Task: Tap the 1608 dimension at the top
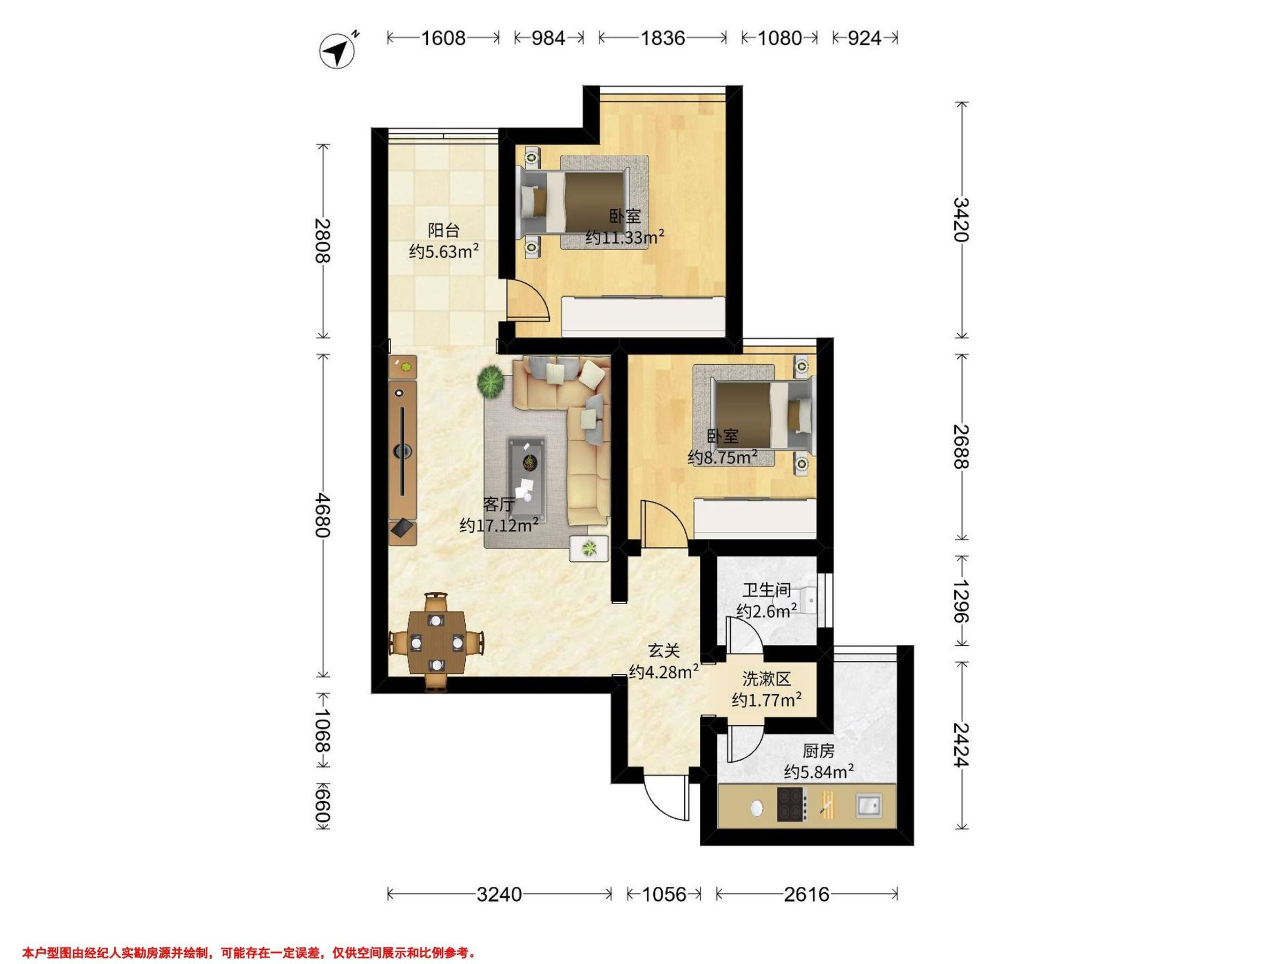pos(443,39)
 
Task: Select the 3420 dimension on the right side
pos(962,220)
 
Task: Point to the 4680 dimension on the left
pos(322,515)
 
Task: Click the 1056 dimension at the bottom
pos(664,894)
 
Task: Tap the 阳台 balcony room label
pos(443,231)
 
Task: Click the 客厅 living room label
pos(499,504)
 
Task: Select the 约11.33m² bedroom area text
pos(624,237)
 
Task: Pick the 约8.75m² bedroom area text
pos(722,457)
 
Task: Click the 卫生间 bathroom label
pos(767,590)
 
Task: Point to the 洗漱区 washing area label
pos(767,679)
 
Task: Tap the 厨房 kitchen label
pos(819,751)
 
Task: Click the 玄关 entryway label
pos(664,651)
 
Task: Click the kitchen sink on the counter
pos(868,805)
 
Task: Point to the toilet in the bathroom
pos(807,600)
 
